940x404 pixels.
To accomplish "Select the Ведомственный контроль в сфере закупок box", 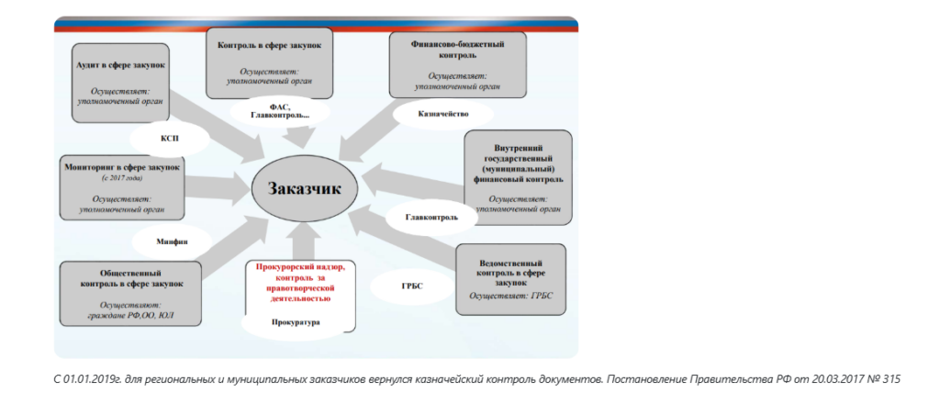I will click(518, 281).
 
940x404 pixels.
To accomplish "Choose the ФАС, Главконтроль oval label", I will click(275, 111).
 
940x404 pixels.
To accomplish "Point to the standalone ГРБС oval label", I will click(411, 285).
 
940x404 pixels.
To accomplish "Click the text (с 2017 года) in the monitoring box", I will click(120, 179).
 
